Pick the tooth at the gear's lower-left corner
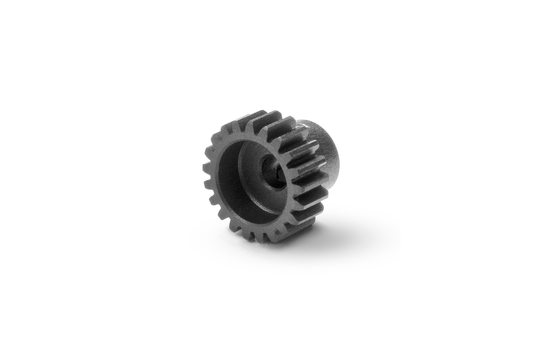[x=222, y=215]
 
